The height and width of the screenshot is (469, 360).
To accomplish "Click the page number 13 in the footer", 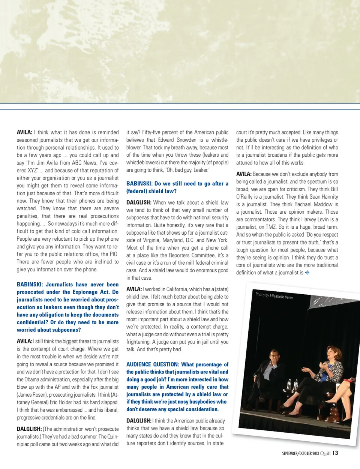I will (x=335, y=453).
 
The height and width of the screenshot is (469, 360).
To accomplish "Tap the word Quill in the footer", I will (x=325, y=453).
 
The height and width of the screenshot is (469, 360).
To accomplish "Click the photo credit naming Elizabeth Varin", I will (x=274, y=296).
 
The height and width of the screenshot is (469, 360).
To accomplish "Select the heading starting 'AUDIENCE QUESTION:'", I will (x=177, y=387).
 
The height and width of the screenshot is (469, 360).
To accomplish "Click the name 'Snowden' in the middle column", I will (x=186, y=140).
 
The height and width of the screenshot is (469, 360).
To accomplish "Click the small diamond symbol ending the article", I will (x=307, y=273).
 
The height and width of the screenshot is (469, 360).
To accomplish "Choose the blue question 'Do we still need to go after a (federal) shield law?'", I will (x=177, y=187).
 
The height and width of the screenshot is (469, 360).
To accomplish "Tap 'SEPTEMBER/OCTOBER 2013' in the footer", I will (x=300, y=454).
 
